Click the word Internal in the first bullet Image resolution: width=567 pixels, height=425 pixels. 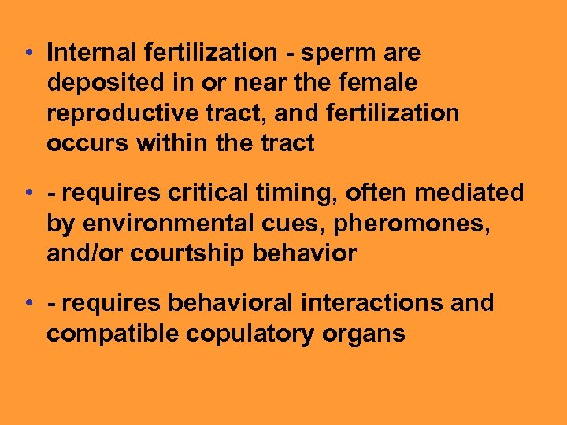(91, 53)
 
